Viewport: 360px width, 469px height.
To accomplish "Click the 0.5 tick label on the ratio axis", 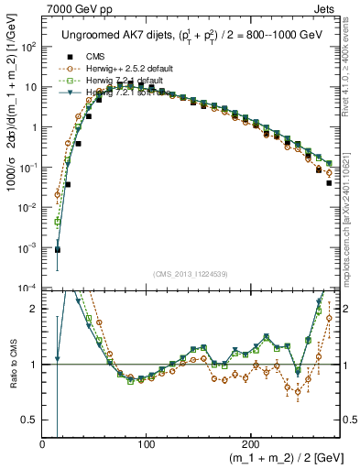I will [28, 420].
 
